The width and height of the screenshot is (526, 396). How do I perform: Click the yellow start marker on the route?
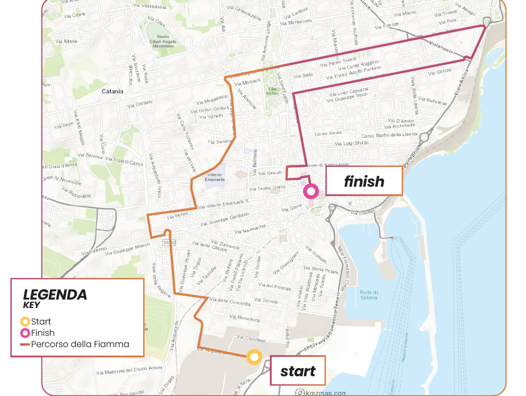pyautogui.click(x=254, y=357)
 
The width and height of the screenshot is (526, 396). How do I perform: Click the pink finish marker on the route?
pyautogui.click(x=311, y=191)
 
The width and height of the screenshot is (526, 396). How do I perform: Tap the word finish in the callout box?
pyautogui.click(x=364, y=181)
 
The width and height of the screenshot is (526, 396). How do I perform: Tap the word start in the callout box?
pyautogui.click(x=298, y=372)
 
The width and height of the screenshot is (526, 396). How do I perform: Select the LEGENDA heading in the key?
pyautogui.click(x=55, y=295)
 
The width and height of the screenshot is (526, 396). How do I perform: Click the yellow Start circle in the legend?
pyautogui.click(x=25, y=322)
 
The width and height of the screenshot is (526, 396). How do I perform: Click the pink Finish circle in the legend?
pyautogui.click(x=25, y=333)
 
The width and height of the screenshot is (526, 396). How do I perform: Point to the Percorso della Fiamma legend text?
pyautogui.click(x=80, y=344)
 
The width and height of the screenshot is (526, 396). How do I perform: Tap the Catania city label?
pyautogui.click(x=113, y=91)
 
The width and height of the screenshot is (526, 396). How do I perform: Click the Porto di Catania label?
pyautogui.click(x=369, y=294)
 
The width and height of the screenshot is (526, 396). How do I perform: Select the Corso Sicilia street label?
pyautogui.click(x=328, y=134)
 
